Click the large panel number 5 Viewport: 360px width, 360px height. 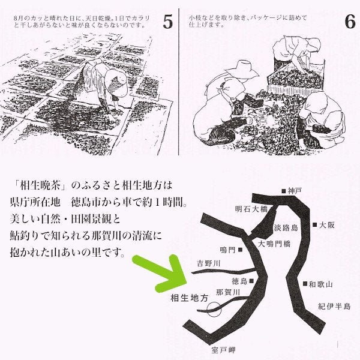pyautogui.click(x=168, y=22)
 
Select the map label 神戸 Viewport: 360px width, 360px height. pyautogui.click(x=295, y=190)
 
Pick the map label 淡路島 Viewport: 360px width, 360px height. pyautogui.click(x=286, y=228)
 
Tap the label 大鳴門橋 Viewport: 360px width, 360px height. pyautogui.click(x=274, y=244)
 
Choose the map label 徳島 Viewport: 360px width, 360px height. pyautogui.click(x=239, y=280)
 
